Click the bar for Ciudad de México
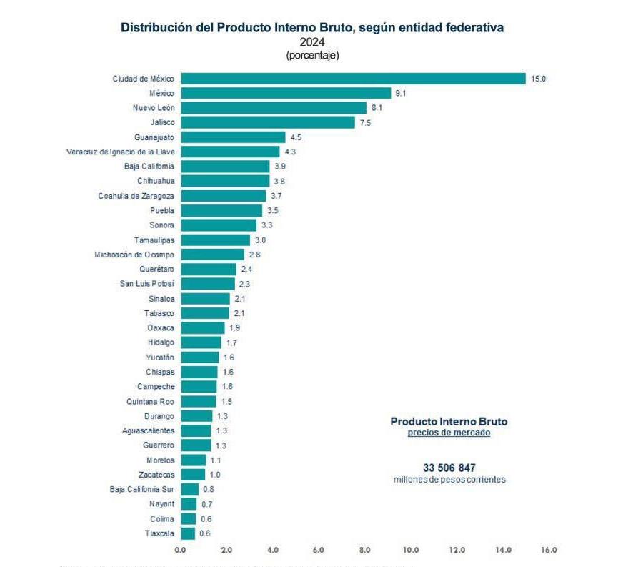tap(353, 79)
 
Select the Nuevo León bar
tap(273, 108)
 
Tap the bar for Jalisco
tap(267, 122)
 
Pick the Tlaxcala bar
tap(188, 533)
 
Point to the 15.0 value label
tap(537, 79)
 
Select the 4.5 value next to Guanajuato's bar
tap(296, 137)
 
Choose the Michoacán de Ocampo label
tap(134, 255)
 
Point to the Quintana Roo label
tap(150, 401)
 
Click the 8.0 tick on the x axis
tap(365, 550)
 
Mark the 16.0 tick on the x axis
tap(549, 550)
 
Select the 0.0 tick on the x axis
tap(181, 550)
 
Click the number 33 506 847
tap(449, 468)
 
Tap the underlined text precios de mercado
tap(449, 433)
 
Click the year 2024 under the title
tap(312, 42)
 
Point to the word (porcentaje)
tap(312, 55)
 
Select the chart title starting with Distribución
tap(312, 27)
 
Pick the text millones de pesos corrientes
tap(449, 480)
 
